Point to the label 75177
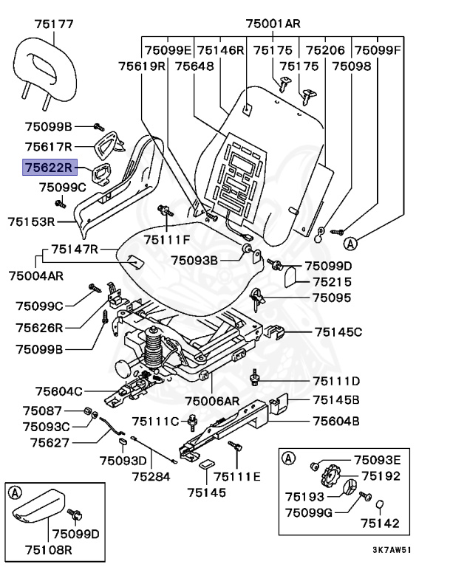[53, 24]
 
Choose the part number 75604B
[335, 422]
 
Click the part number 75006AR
[213, 401]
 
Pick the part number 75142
[380, 523]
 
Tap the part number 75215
[330, 282]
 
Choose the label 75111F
[167, 239]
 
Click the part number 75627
[50, 443]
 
